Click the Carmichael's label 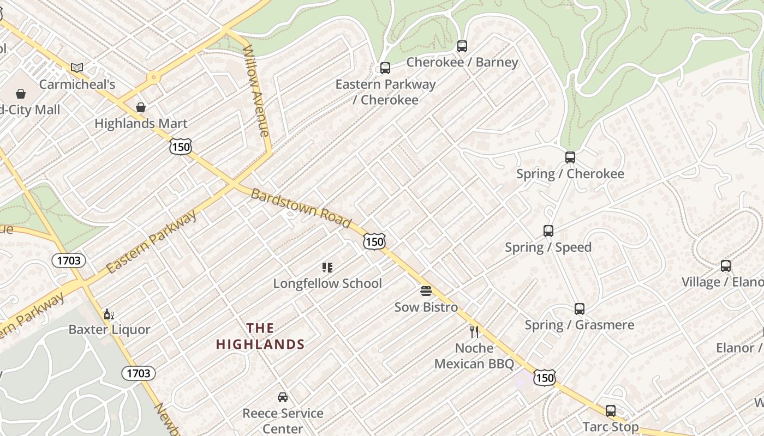77,84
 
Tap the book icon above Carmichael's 77,68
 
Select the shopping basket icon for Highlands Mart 141,107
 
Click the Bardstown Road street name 301,208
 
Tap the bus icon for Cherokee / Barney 462,46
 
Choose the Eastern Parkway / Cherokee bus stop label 385,92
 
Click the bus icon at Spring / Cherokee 570,158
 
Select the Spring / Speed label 548,247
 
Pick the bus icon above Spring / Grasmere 580,309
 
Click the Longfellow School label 327,283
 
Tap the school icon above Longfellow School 327,267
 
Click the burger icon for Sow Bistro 426,291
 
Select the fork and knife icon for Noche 474,331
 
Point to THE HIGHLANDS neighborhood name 260,336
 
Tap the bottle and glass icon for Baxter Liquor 109,314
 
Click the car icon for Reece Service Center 283,397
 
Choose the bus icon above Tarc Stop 611,411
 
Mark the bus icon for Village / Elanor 726,266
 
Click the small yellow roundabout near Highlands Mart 153,78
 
